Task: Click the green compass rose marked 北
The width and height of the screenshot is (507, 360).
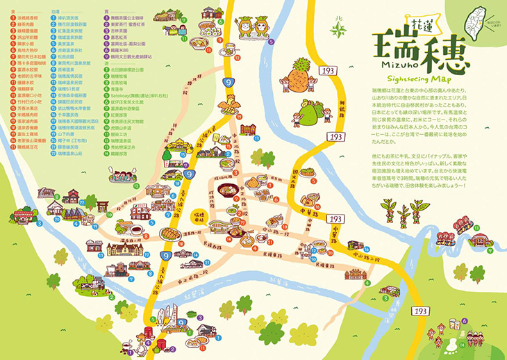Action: tap(338, 28)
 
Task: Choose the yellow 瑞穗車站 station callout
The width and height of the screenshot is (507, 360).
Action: tap(197, 217)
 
